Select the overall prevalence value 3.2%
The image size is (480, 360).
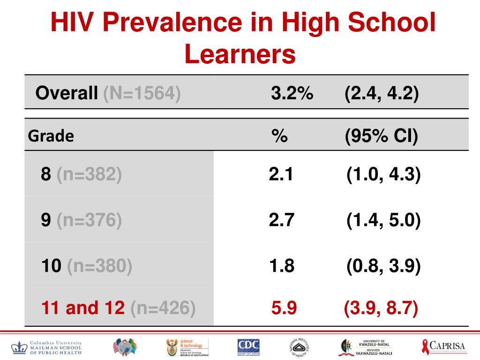click(292, 93)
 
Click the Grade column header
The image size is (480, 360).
click(51, 136)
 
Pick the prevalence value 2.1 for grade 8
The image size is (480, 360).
click(281, 174)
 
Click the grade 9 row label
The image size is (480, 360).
click(81, 220)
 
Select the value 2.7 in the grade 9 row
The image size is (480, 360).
click(281, 220)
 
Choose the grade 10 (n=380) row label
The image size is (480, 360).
click(87, 266)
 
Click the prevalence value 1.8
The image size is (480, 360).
click(281, 266)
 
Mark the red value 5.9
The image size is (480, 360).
click(284, 308)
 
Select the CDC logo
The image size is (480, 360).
click(248, 347)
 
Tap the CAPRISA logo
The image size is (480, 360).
click(443, 347)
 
